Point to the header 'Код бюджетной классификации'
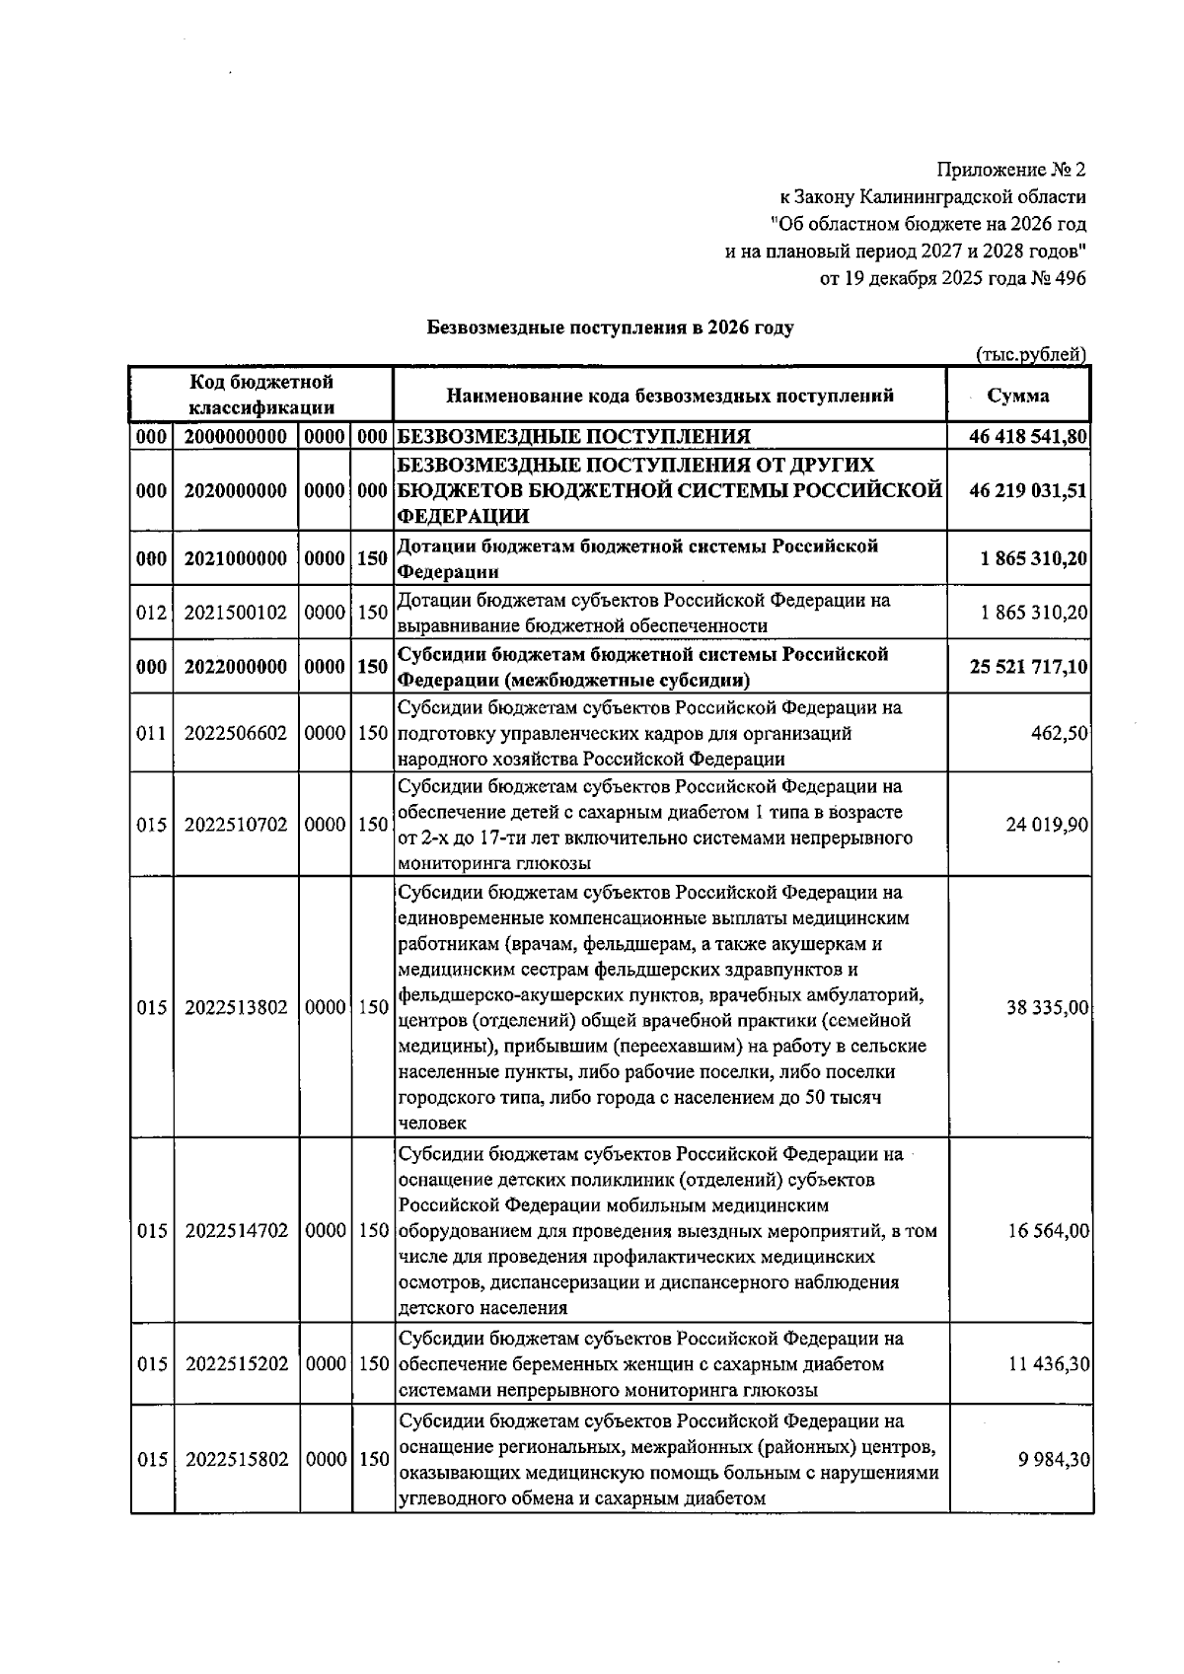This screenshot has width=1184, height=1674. pyautogui.click(x=261, y=395)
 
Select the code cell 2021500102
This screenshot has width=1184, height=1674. pyautogui.click(x=236, y=613)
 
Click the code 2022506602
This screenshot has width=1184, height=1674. pyautogui.click(x=236, y=734)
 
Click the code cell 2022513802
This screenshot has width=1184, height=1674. pyautogui.click(x=236, y=1007)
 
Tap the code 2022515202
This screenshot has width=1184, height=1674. pyautogui.click(x=236, y=1364)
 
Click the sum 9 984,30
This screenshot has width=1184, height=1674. pyautogui.click(x=1053, y=1459)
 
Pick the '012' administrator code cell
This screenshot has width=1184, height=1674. pyautogui.click(x=151, y=613)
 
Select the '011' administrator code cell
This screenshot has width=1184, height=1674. pyautogui.click(x=151, y=734)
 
